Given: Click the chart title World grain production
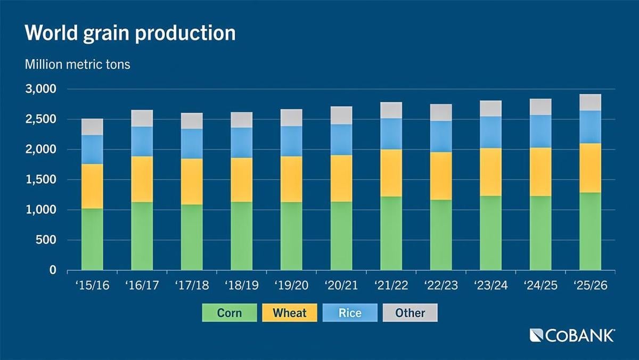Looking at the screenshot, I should pos(130,33).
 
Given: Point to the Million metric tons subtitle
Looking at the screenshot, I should pos(77,65).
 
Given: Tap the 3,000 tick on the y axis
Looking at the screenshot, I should pos(40,89).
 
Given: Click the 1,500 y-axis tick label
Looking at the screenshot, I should pos(40,180).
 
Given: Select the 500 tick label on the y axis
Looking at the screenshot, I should pos(46,240).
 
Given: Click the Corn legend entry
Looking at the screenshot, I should pos(230,313).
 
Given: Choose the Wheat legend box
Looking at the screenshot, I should pos(290,313).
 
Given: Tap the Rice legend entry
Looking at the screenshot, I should pos(350,313).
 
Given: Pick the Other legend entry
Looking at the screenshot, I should pos(410,313).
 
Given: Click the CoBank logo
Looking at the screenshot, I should pos(572,336).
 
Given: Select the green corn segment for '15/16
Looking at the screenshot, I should pos(92,239).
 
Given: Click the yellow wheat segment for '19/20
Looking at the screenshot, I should pos(291,179).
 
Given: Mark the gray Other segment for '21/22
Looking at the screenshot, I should pos(391,110).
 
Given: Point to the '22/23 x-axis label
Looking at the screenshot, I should pos(441,285).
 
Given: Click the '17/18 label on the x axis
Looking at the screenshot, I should pos(192,285).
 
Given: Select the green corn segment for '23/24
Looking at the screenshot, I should pos(490,233).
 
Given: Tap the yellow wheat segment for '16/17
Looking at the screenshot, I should pos(142,179).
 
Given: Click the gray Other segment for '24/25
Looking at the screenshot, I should pos(540,107).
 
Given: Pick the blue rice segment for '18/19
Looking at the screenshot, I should pos(242,142).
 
